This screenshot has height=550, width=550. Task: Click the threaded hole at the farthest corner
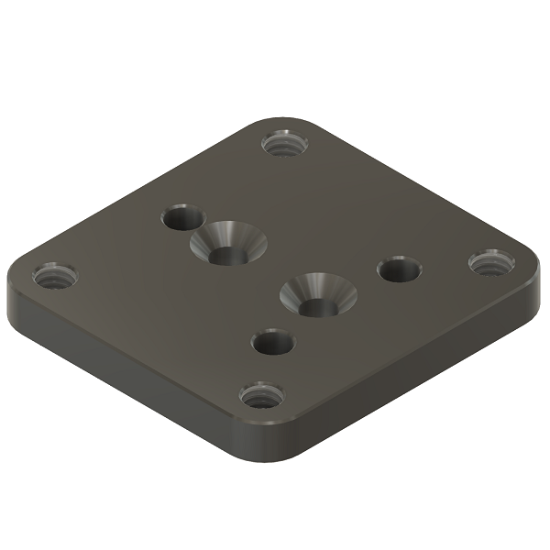(x=284, y=144)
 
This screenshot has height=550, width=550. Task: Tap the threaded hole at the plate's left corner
(x=54, y=274)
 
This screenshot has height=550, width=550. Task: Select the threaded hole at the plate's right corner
(x=491, y=263)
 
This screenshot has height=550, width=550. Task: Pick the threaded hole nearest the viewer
(x=261, y=397)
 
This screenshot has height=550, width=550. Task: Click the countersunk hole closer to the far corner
(x=227, y=244)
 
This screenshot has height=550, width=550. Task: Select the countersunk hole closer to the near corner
(x=317, y=295)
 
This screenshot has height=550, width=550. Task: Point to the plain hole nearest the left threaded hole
(x=182, y=219)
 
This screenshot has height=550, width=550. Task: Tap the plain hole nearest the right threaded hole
(x=399, y=270)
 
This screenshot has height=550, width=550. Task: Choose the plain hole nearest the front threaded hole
(x=272, y=344)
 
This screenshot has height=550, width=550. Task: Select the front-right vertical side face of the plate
(x=412, y=376)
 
